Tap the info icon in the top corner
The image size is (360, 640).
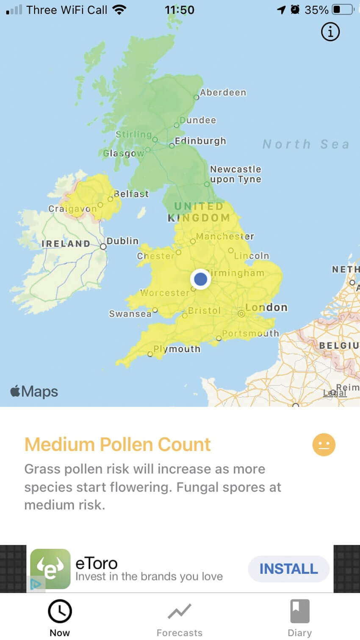pyautogui.click(x=330, y=32)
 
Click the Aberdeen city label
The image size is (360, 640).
pyautogui.click(x=223, y=92)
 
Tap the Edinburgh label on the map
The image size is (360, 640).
pyautogui.click(x=200, y=141)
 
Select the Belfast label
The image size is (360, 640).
pyautogui.click(x=131, y=194)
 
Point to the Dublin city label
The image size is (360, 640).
pyautogui.click(x=122, y=241)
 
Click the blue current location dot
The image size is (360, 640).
pyautogui.click(x=200, y=279)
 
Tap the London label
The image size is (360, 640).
pyautogui.click(x=266, y=307)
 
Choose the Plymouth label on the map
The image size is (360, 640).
pyautogui.click(x=177, y=349)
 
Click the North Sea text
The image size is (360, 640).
pyautogui.click(x=306, y=144)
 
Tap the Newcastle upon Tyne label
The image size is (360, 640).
pyautogui.click(x=235, y=174)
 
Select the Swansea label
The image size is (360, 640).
pyautogui.click(x=130, y=314)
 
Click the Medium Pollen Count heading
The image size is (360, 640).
pyautogui.click(x=117, y=444)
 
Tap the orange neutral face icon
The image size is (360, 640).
pyautogui.click(x=324, y=445)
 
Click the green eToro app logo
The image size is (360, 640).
pyautogui.click(x=50, y=569)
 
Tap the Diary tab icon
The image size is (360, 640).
pyautogui.click(x=299, y=611)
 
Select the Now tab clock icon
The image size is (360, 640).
pyautogui.click(x=60, y=611)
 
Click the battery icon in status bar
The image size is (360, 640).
pyautogui.click(x=343, y=10)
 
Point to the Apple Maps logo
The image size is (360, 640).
pyautogui.click(x=34, y=392)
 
